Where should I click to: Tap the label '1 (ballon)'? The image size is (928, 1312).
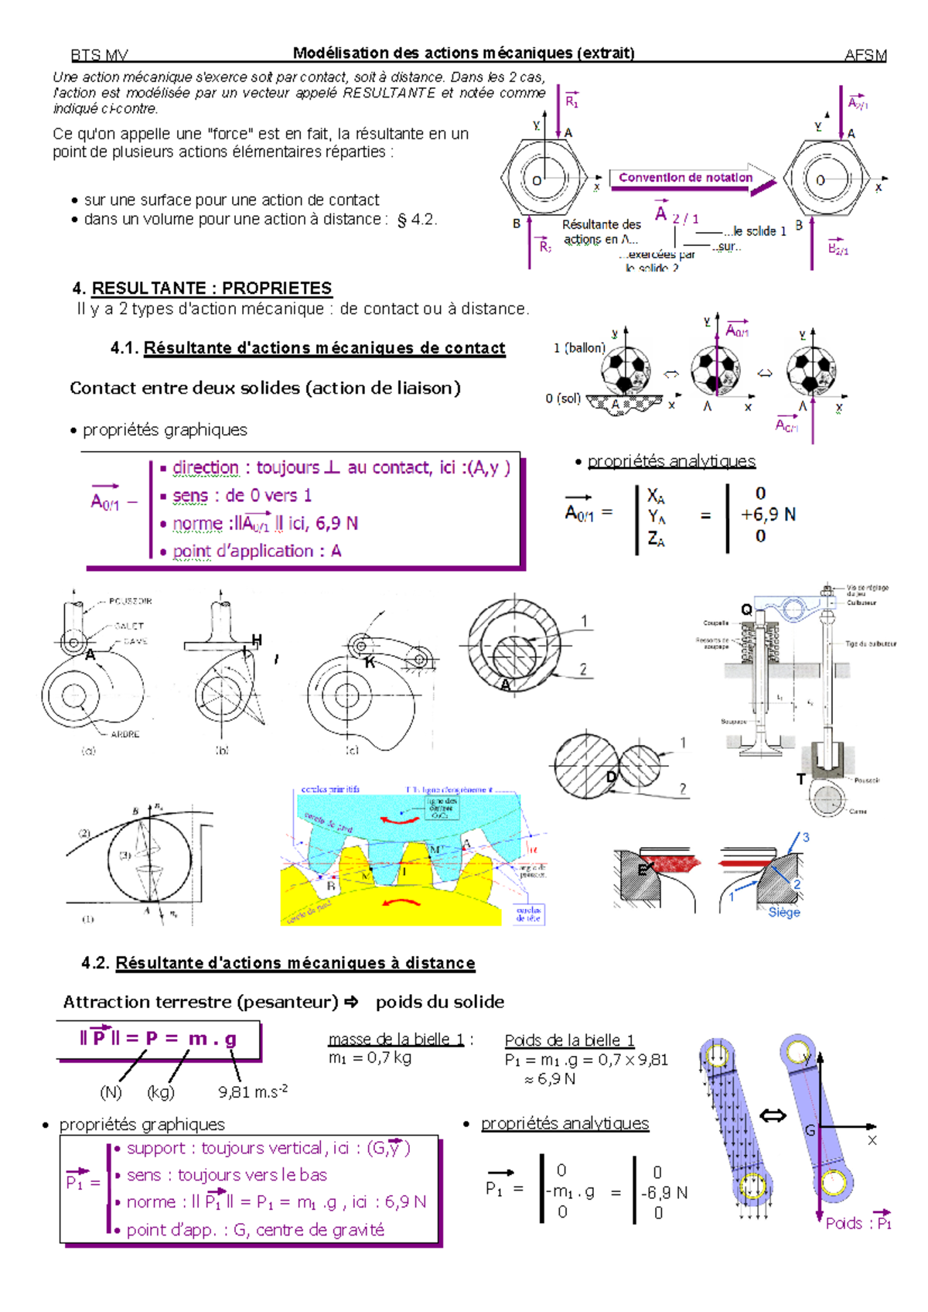click(579, 348)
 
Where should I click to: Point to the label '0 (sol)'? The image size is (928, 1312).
click(563, 398)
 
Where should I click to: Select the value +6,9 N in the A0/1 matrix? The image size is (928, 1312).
click(767, 514)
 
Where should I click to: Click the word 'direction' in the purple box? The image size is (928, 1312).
click(205, 468)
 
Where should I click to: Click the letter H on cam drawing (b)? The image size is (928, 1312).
click(256, 640)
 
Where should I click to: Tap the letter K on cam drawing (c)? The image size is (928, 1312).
click(370, 663)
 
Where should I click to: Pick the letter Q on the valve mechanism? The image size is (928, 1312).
click(746, 610)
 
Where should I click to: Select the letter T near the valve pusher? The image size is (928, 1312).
click(801, 779)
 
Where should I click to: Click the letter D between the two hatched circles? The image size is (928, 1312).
click(611, 777)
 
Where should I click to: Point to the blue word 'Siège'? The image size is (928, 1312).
click(784, 913)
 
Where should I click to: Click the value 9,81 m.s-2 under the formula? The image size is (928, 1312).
click(252, 1092)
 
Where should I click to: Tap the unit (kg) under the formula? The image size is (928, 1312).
click(161, 1092)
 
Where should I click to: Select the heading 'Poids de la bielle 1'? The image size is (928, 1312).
click(569, 1040)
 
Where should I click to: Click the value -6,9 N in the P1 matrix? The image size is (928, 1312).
click(664, 1193)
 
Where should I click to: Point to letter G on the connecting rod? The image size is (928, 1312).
click(810, 1131)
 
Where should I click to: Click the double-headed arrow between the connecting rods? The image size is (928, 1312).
click(773, 1116)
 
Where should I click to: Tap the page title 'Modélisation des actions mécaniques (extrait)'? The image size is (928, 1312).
click(463, 53)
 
